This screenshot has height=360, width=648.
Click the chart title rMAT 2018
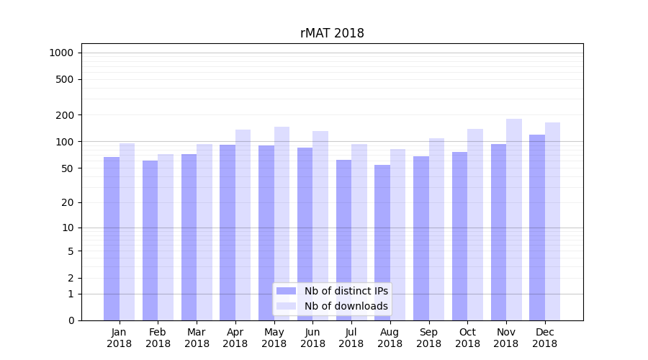[x=332, y=34]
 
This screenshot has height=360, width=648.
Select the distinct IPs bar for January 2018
[x=112, y=238]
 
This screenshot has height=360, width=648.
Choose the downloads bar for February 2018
[x=166, y=238]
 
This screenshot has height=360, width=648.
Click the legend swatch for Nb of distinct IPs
[x=286, y=291]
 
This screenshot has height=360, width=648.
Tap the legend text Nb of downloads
[x=346, y=306]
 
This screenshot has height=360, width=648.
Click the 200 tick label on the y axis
[x=65, y=115]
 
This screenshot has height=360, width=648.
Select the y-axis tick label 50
[x=68, y=168]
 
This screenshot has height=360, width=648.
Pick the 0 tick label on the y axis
[x=71, y=320]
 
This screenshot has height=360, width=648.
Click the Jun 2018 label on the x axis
[x=312, y=338]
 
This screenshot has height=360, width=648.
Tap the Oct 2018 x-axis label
[x=467, y=338]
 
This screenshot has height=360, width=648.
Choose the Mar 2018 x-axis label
[x=197, y=338]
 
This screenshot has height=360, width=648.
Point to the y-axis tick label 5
[x=71, y=251]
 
